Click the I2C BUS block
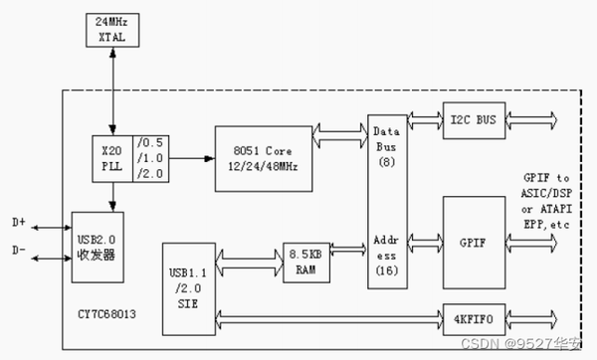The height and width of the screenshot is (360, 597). (473, 120)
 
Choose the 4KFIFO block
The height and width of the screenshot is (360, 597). (473, 320)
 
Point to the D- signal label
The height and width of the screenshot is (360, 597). (19, 252)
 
